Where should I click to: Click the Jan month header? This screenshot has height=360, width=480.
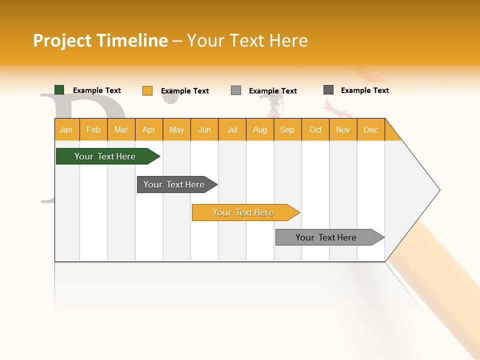[66, 129]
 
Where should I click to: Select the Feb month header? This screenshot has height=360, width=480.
[93, 129]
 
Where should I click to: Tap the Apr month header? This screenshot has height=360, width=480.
[149, 129]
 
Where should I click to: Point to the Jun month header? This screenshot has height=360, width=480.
[204, 129]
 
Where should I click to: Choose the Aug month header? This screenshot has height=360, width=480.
[260, 129]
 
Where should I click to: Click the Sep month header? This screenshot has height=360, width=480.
[287, 129]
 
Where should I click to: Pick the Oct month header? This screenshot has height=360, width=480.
[315, 129]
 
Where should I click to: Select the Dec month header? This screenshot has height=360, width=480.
[371, 129]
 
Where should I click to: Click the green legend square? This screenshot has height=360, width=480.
[59, 90]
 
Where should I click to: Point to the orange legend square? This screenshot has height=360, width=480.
[147, 90]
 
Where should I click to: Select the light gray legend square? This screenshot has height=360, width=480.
[236, 90]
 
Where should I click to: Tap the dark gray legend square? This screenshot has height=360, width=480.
[328, 90]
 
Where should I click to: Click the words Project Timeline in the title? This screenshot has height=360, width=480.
[100, 40]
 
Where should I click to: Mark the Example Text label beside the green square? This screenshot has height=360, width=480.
[97, 90]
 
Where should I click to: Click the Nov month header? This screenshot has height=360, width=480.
[343, 129]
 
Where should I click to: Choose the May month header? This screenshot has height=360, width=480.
[176, 129]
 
